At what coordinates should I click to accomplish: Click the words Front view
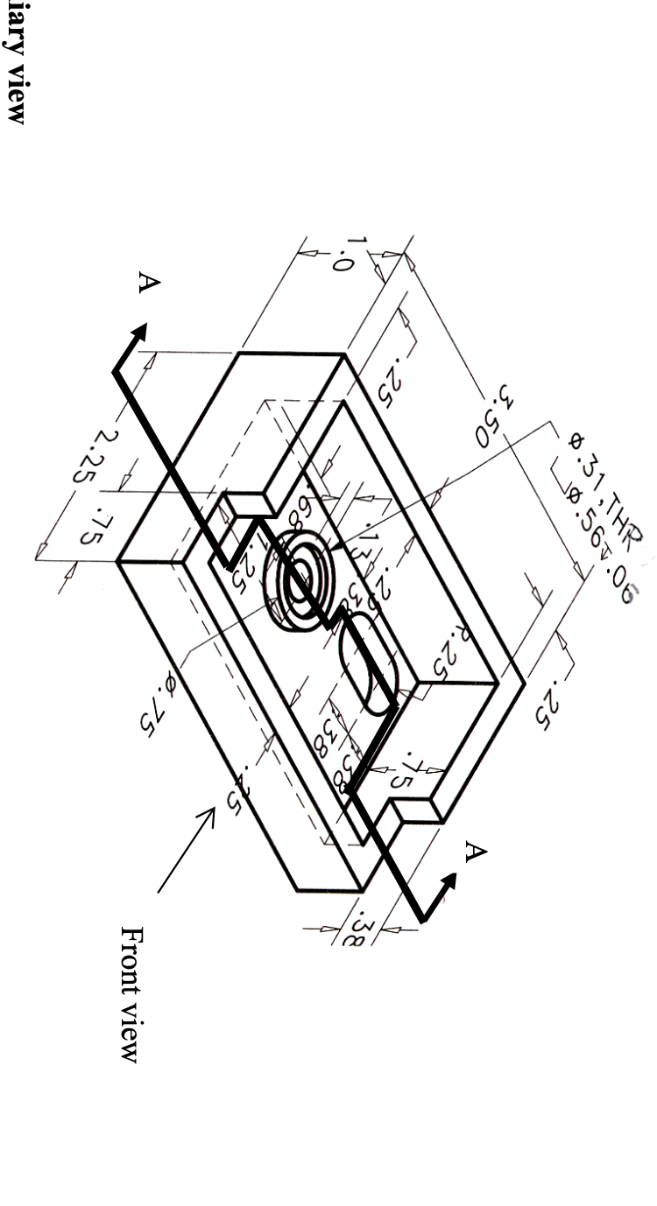click(x=130, y=994)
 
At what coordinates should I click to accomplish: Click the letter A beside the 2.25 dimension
click(x=149, y=283)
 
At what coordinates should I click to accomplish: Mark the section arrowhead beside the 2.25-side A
click(x=138, y=333)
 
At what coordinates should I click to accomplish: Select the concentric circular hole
click(x=303, y=582)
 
